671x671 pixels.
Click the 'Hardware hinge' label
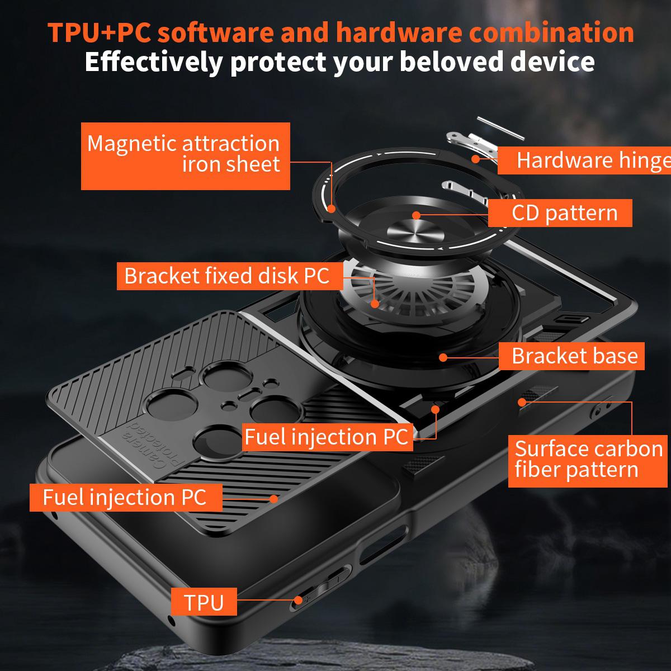click(584, 160)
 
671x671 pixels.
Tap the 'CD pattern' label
click(560, 212)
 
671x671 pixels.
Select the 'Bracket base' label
click(571, 356)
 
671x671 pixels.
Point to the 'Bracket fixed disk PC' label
click(230, 276)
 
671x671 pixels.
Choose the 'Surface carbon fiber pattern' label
click(588, 461)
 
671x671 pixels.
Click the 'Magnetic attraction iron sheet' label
click(185, 156)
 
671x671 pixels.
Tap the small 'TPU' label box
click(204, 603)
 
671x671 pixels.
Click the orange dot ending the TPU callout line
click(298, 600)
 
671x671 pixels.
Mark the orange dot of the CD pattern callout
click(417, 215)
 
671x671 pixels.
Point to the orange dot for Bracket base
click(443, 357)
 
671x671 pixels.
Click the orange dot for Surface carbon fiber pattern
click(522, 403)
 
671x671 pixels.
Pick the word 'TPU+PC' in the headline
click(100, 32)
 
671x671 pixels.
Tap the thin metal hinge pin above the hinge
click(500, 128)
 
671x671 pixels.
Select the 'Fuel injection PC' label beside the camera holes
click(327, 437)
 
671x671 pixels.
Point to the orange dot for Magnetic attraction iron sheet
click(332, 209)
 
